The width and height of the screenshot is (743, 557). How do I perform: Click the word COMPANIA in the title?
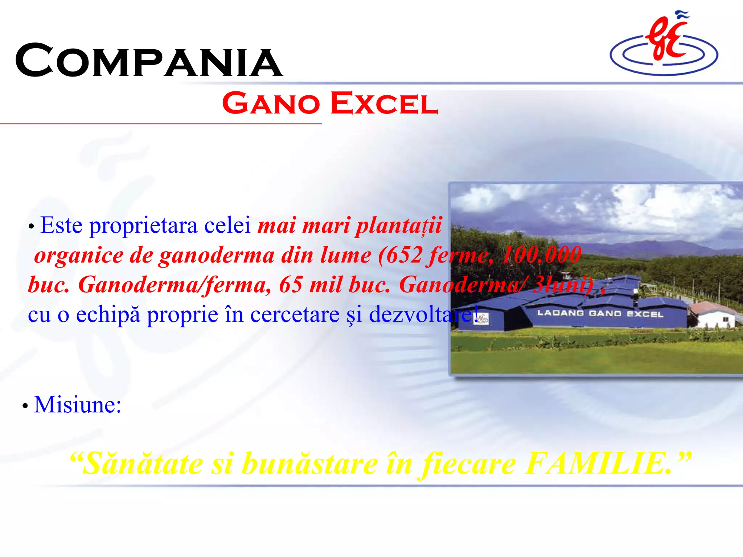click(149, 61)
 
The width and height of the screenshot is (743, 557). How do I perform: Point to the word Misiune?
click(78, 405)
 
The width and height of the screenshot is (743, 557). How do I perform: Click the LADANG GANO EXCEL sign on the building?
click(600, 313)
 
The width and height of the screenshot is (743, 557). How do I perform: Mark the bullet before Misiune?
click(25, 406)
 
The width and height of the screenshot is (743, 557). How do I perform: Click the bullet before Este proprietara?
click(31, 227)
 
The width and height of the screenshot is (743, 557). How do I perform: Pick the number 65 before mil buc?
click(291, 285)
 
